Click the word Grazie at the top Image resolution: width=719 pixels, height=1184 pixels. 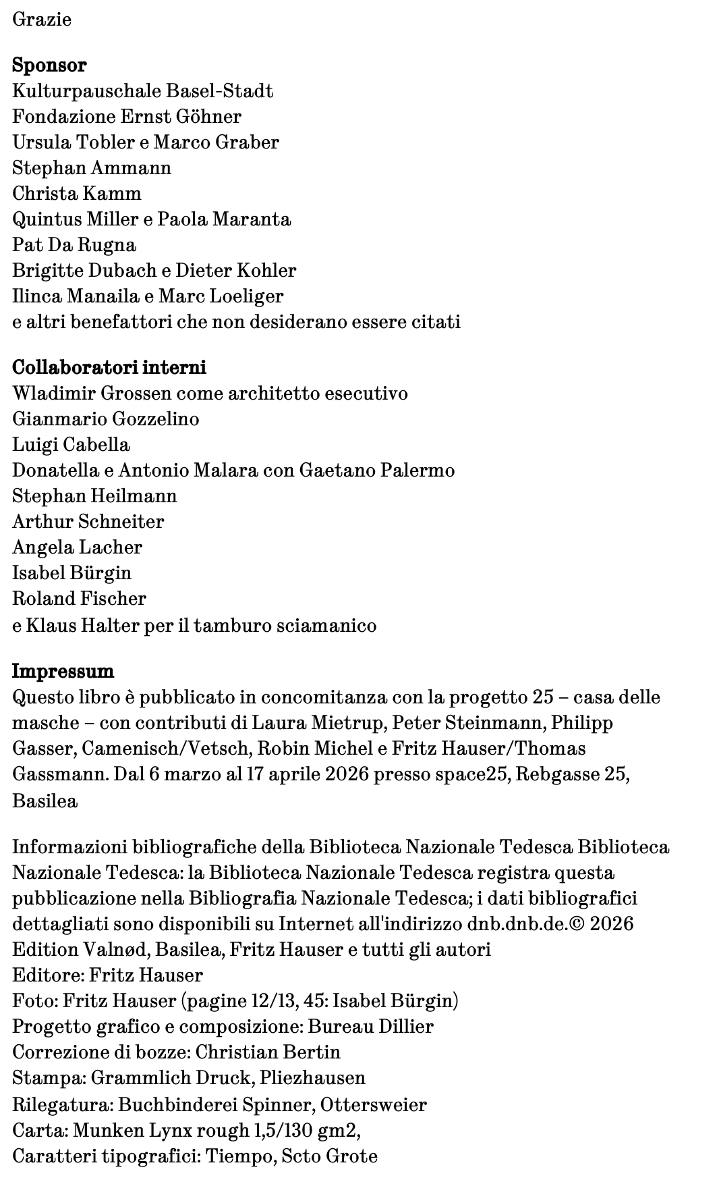tap(42, 19)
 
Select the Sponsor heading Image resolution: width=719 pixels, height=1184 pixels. tap(49, 65)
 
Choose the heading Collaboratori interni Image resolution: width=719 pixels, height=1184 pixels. tap(109, 368)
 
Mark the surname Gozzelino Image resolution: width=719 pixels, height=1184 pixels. tap(156, 419)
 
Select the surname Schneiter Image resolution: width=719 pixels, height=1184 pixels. tap(121, 522)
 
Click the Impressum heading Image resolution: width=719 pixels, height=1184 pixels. tap(63, 672)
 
